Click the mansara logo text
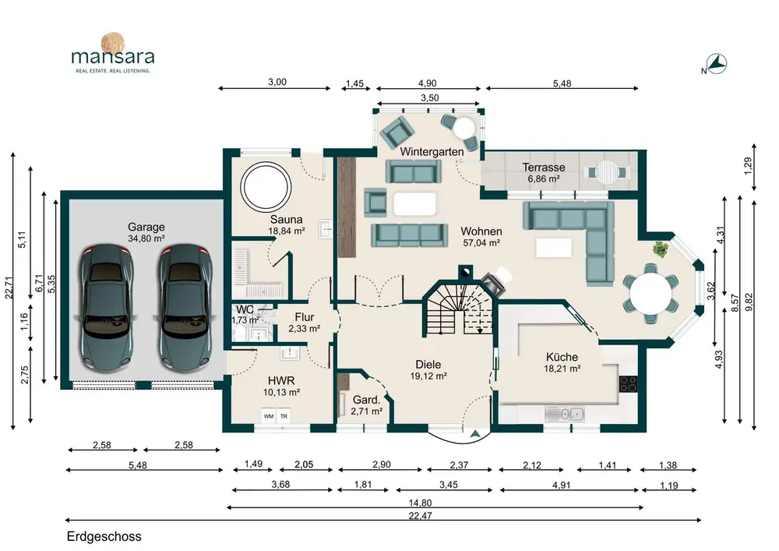pos(113,56)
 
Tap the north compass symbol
pos(717,64)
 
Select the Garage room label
pos(146,227)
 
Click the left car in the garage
pos(108,307)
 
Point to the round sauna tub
pos(266,186)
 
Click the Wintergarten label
pos(432,151)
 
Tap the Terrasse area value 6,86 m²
pos(544,179)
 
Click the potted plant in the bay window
pos(661,248)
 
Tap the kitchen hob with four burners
pos(627,384)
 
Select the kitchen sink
pos(564,413)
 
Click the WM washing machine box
pos(269,416)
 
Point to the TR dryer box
pos(284,416)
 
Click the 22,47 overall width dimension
pos(421,516)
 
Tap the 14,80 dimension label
pos(421,503)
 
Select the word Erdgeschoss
pos(104,537)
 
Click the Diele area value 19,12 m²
pos(428,376)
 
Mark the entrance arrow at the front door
pos(476,433)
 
